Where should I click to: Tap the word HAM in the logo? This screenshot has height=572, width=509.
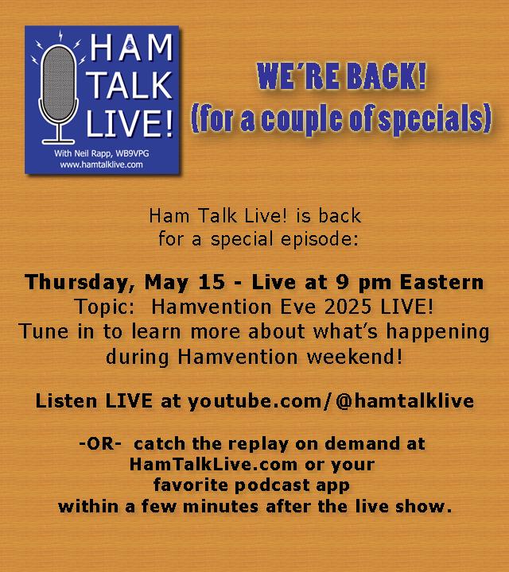[130, 50]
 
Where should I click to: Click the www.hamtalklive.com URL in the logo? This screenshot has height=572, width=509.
[101, 164]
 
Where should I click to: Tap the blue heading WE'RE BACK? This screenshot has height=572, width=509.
[341, 77]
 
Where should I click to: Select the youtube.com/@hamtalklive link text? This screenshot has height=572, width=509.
[331, 401]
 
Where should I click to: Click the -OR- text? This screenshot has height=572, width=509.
[100, 443]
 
